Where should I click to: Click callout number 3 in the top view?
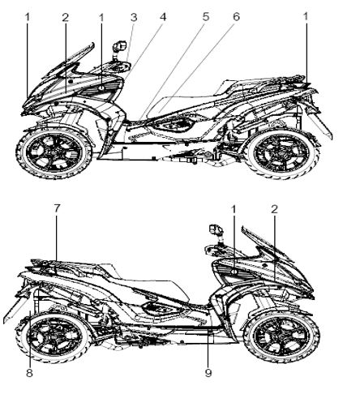tap(134, 18)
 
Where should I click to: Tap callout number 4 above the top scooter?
tap(163, 17)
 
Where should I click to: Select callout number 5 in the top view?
tap(206, 17)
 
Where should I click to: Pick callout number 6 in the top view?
tap(236, 17)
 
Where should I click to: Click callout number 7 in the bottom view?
tap(57, 208)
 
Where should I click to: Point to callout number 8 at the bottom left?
tap(29, 373)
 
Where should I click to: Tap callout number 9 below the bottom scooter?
tap(208, 373)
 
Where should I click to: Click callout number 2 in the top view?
tap(66, 18)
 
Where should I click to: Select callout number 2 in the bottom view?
tap(274, 209)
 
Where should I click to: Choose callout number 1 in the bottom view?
tap(234, 209)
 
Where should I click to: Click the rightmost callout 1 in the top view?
tap(306, 17)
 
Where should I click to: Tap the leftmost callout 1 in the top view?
tap(27, 18)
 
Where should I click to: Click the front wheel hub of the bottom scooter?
tap(281, 337)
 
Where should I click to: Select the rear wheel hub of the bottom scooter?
tap(55, 338)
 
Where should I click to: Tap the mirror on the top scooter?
tap(120, 46)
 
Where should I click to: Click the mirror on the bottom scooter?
tap(216, 229)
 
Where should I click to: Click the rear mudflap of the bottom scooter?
tap(15, 306)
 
